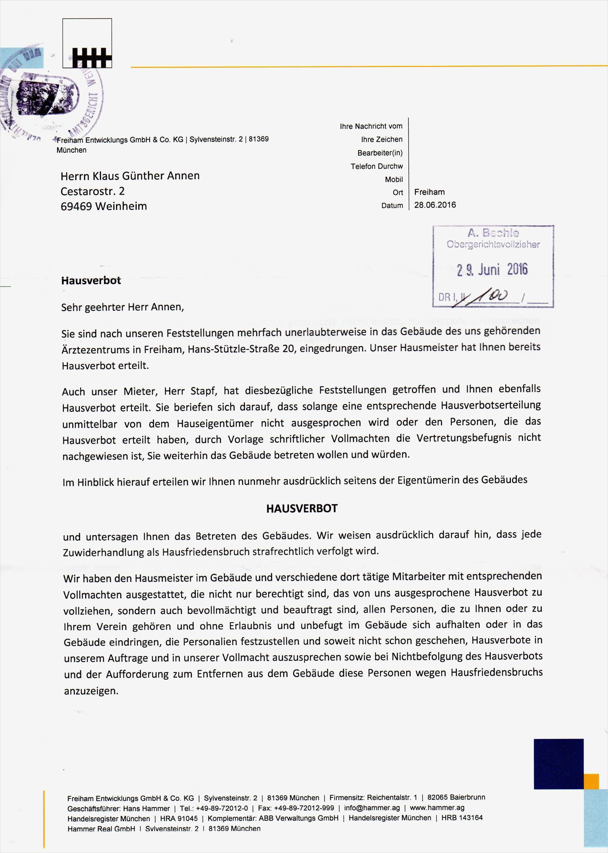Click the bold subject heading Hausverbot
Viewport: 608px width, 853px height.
pyautogui.click(x=91, y=281)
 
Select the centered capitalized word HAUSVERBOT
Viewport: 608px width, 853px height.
pyautogui.click(x=302, y=508)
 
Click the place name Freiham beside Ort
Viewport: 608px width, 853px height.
pyautogui.click(x=429, y=192)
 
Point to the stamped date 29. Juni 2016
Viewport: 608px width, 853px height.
pyautogui.click(x=492, y=270)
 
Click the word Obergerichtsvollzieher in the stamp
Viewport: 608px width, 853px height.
pyautogui.click(x=493, y=245)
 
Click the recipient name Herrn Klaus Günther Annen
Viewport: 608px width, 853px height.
pyautogui.click(x=130, y=176)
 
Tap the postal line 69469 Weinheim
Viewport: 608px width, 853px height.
pyautogui.click(x=104, y=206)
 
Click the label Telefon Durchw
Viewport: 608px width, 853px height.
pyautogui.click(x=376, y=166)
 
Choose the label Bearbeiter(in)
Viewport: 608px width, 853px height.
pyautogui.click(x=380, y=153)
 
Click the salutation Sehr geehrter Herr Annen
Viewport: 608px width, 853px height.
pyautogui.click(x=123, y=307)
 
